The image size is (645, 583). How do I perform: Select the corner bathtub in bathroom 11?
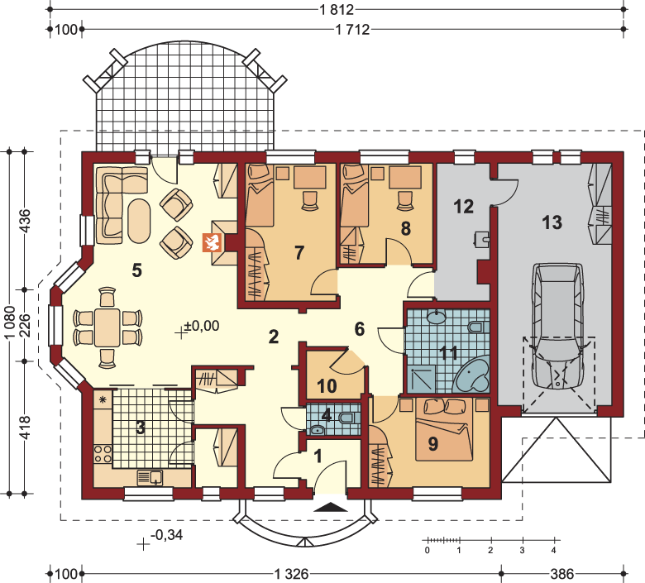472,375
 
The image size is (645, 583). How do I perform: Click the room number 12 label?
464,206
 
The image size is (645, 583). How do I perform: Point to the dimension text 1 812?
337,9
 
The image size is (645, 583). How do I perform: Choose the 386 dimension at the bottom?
562,574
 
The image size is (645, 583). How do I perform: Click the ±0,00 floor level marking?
202,326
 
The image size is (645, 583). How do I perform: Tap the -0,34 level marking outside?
166,535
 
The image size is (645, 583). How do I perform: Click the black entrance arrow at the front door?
331,507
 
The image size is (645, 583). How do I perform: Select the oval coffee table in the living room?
139,222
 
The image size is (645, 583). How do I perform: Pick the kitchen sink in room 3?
150,478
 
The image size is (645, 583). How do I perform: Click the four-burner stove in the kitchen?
103,453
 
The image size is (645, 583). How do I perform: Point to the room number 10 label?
327,386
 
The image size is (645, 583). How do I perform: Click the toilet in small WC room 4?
347,418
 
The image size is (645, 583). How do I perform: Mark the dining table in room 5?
107,328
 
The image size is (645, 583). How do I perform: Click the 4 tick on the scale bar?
554,550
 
